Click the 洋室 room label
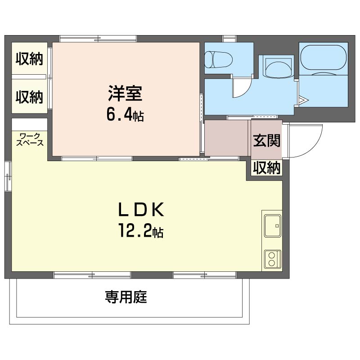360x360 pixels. click(x=126, y=94)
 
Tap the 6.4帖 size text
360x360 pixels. click(x=125, y=115)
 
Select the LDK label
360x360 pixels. click(x=141, y=209)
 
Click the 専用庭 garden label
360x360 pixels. click(x=126, y=297)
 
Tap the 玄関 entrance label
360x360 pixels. click(x=266, y=140)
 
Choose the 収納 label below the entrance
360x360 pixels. click(x=266, y=168)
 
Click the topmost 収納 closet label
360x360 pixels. click(x=29, y=59)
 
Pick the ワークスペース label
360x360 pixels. click(x=30, y=139)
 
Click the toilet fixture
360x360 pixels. click(x=218, y=60)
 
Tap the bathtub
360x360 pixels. click(x=323, y=60)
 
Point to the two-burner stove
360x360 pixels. click(x=273, y=259)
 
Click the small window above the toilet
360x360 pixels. click(x=229, y=39)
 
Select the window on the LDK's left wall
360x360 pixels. click(x=8, y=176)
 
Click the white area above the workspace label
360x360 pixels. click(x=29, y=125)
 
